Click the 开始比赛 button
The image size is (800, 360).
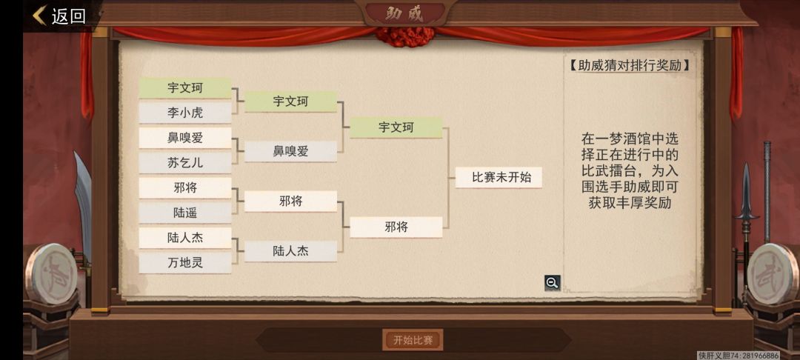[413, 340]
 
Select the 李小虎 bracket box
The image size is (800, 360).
[185, 113]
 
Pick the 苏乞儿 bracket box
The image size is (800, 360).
[185, 163]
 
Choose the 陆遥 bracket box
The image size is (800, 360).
[185, 213]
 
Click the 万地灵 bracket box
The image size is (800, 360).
[185, 263]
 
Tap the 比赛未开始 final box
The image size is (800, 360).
[499, 178]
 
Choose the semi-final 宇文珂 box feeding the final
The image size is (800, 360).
[396, 127]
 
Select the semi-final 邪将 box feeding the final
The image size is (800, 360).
[396, 227]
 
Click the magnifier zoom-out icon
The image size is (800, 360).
[552, 282]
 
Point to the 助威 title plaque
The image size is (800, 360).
[404, 14]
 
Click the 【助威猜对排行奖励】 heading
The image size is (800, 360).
[630, 65]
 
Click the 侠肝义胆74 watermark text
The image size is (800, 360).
[738, 356]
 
